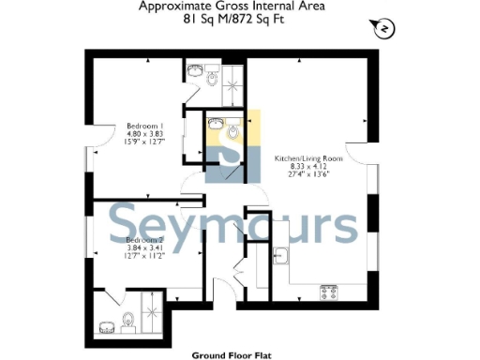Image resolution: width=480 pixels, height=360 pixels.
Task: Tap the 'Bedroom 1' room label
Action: pos(146,127)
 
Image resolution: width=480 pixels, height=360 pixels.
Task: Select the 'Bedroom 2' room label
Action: pos(145,240)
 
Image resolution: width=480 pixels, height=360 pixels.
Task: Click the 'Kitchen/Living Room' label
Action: pos(308,158)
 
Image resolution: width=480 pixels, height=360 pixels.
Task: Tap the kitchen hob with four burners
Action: pos(329,292)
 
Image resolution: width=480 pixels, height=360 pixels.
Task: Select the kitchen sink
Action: pos(281,256)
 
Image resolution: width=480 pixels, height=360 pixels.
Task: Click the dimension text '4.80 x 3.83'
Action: pos(146,134)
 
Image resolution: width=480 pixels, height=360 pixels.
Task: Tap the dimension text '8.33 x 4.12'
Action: pos(308,166)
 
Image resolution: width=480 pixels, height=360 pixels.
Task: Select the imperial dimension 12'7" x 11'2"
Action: pos(145,257)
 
